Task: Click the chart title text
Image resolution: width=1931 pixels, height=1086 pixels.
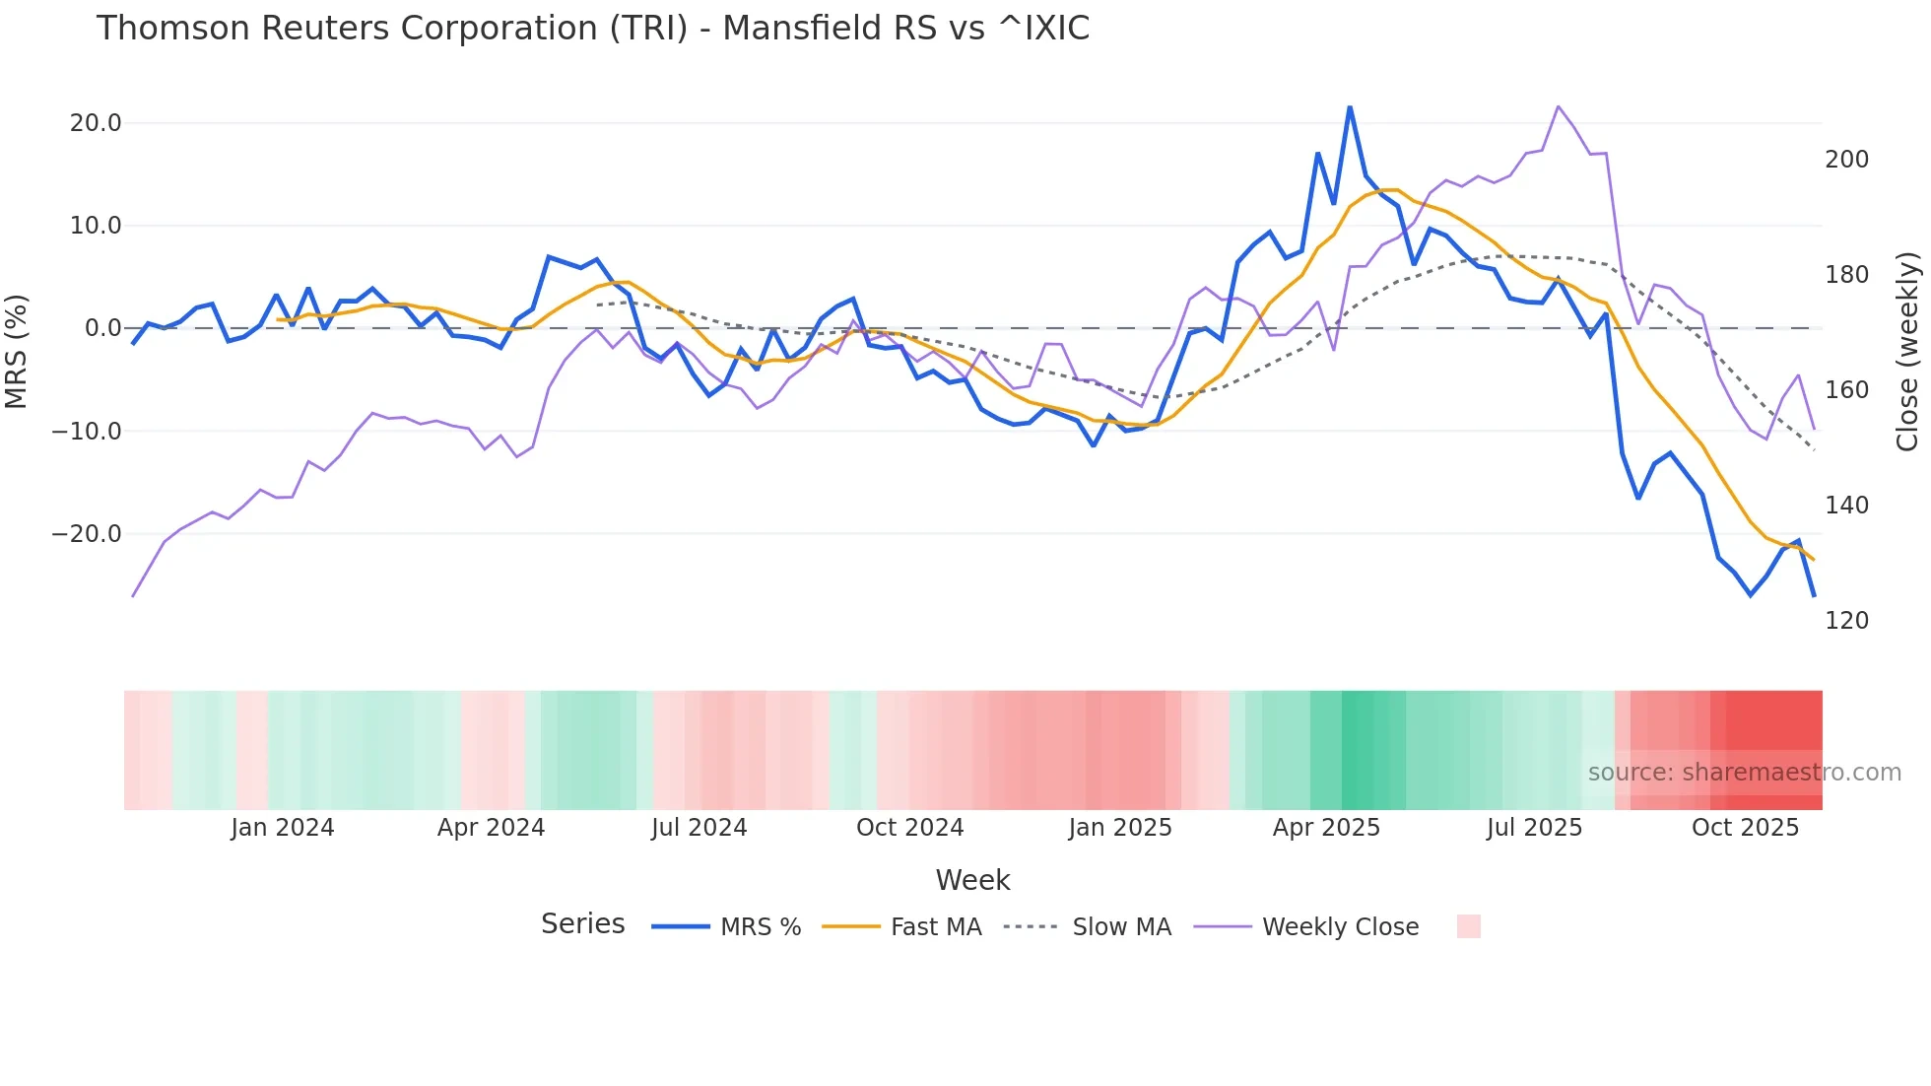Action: (593, 29)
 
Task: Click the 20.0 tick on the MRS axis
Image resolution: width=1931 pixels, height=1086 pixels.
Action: (96, 123)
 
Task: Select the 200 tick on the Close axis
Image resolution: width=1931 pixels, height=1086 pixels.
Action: (1846, 160)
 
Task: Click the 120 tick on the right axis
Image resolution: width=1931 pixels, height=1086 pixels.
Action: (1846, 621)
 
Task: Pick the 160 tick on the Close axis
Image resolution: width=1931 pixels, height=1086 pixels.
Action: (1846, 390)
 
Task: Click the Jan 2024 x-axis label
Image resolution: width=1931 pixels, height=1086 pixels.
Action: (283, 828)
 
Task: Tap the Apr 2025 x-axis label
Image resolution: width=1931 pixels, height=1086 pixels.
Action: (1326, 828)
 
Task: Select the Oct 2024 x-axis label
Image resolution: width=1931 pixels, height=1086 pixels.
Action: (909, 828)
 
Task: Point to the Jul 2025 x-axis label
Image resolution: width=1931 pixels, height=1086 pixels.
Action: (1534, 828)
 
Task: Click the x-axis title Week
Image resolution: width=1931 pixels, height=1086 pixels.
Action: (972, 880)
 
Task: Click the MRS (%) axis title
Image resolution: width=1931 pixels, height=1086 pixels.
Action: (17, 351)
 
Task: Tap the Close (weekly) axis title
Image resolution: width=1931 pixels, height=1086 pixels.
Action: (1908, 351)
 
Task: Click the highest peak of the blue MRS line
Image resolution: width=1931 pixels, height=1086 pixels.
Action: (1350, 106)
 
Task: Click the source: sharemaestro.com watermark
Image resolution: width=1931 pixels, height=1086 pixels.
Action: (1744, 773)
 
